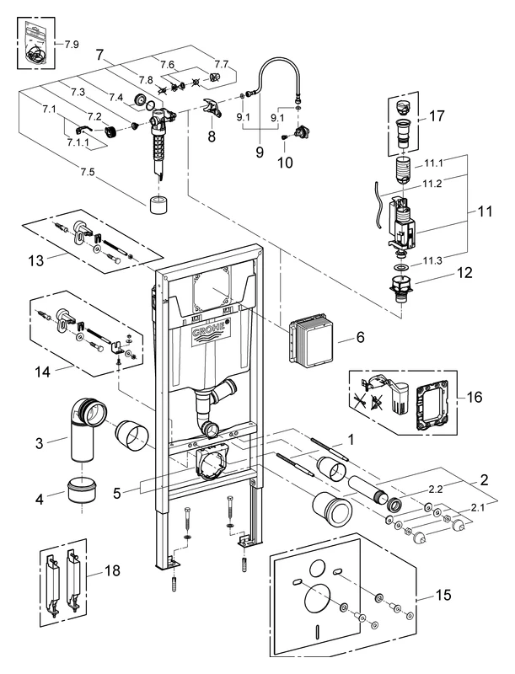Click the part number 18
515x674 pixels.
(x=110, y=570)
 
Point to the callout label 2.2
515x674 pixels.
(x=435, y=488)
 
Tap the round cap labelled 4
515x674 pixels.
(x=83, y=490)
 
